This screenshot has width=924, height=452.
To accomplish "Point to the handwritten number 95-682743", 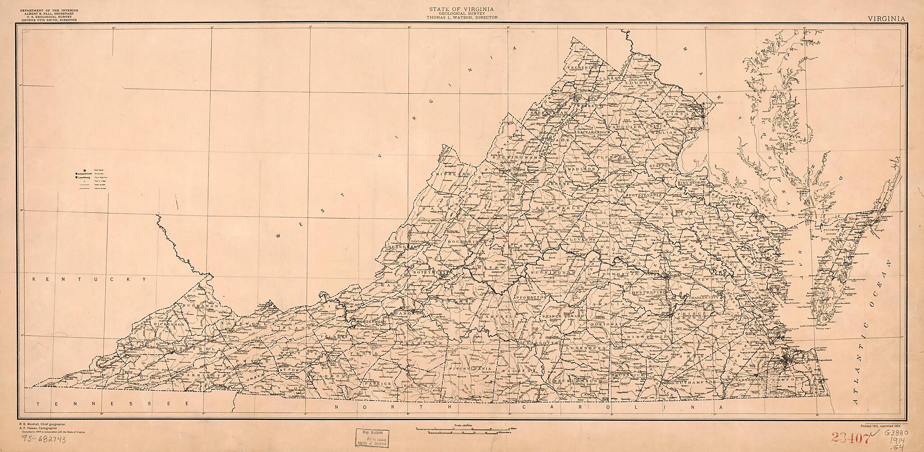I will tap(42, 439).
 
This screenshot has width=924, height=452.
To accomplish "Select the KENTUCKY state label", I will tap(91, 279).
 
